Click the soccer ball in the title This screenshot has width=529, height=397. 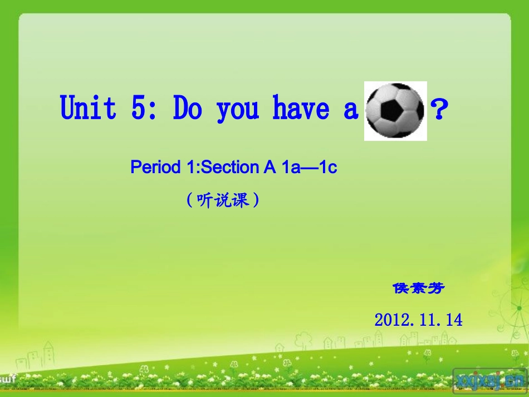coord(395,110)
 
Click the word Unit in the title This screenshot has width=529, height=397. coord(88,107)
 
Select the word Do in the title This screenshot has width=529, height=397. coord(187,107)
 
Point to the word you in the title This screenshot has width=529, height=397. coord(238,110)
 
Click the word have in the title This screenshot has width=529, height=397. coord(301,107)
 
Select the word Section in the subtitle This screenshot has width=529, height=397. coord(233,167)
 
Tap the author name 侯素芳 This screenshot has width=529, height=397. coord(419,288)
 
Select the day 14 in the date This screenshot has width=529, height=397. coord(454,320)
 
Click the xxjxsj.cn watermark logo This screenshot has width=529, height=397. coord(489,380)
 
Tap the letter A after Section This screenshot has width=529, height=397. coord(271,167)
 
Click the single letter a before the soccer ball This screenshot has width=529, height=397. coord(350,110)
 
